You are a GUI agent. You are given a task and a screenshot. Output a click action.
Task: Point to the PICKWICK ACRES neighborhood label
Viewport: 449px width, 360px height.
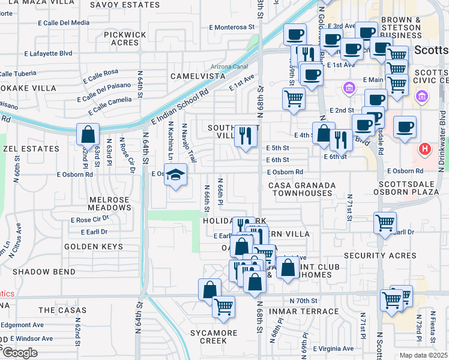[125, 38]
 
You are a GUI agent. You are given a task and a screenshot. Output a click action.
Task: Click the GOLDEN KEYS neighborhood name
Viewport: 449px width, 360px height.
[89, 247]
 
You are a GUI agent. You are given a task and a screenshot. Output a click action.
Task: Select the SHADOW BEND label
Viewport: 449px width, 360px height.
[44, 272]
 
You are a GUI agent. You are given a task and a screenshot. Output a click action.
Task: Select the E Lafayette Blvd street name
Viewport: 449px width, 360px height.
[49, 53]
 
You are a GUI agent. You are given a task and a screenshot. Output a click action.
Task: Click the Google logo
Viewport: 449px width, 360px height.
[20, 352]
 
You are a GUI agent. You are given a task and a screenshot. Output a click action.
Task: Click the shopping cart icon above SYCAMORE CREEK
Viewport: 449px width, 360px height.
[223, 307]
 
